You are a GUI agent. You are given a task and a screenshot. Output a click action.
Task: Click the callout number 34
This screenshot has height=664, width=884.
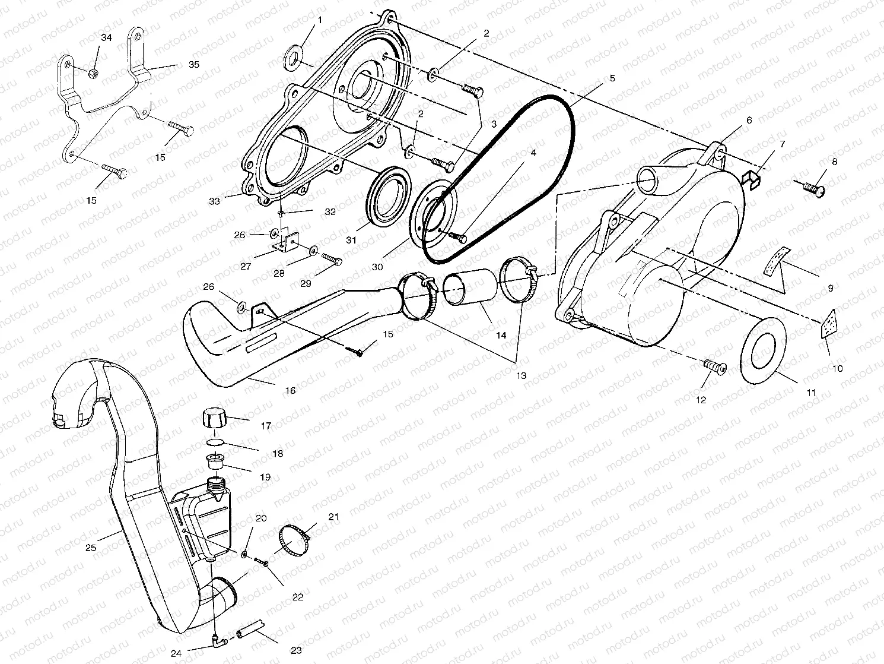tap(106, 38)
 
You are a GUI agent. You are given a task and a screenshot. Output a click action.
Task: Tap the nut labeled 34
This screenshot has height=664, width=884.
tap(93, 73)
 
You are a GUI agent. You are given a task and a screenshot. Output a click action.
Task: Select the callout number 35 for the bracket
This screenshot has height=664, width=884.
tap(193, 64)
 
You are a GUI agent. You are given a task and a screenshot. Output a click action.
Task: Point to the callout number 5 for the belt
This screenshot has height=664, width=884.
tap(612, 78)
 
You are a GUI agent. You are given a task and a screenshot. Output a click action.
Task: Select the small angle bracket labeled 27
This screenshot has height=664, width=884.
tap(283, 242)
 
